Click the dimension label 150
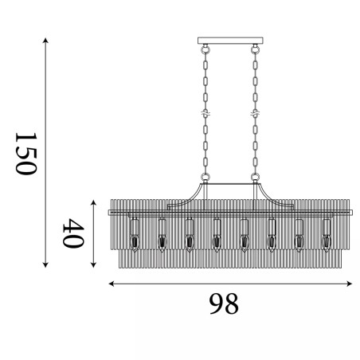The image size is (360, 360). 25,154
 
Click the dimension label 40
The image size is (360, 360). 73,233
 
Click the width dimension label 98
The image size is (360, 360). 224,303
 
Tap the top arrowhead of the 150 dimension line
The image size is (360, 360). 45,41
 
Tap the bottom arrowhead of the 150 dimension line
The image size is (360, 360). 45,264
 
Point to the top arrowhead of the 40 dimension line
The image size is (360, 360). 93,203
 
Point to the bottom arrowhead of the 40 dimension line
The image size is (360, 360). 93,264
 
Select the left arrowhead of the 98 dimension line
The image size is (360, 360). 112,284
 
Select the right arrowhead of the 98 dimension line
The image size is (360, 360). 350,284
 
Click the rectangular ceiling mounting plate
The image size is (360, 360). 230,41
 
